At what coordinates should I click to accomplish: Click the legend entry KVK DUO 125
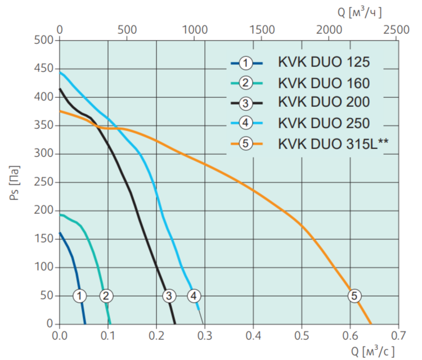(324, 62)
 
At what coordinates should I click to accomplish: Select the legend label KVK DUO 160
(324, 83)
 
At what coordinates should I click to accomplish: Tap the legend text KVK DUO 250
(324, 123)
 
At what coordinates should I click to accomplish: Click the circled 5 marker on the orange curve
(353, 295)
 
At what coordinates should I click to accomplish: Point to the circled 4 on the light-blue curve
(194, 295)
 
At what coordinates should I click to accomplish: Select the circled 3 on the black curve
(168, 295)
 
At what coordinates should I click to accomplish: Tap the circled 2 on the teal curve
(106, 295)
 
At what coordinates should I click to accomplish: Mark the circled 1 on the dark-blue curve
(80, 295)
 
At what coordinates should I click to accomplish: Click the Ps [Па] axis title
(16, 182)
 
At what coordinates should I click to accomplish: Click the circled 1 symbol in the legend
(246, 62)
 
